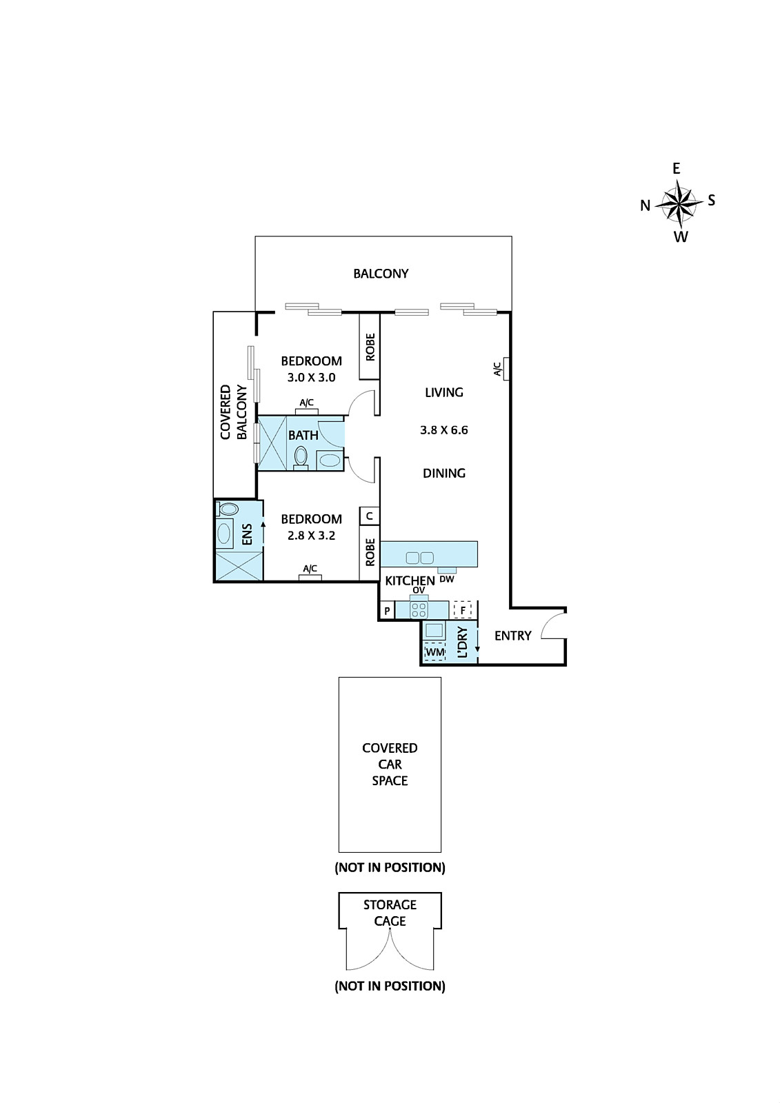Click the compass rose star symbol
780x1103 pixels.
click(x=679, y=204)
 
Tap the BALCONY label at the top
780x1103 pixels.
click(x=381, y=274)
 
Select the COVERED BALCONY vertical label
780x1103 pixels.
click(x=234, y=412)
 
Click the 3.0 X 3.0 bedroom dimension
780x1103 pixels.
click(x=311, y=378)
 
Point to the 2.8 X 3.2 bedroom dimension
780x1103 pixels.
click(x=311, y=536)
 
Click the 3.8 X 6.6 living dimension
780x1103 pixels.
click(x=443, y=430)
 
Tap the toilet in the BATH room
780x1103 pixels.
click(x=301, y=456)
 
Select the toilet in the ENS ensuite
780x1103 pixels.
click(x=228, y=509)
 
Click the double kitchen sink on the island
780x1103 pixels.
click(x=419, y=557)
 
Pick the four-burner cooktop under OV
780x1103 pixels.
click(x=419, y=610)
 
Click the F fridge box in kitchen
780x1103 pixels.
click(x=463, y=610)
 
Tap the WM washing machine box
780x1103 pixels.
click(x=434, y=651)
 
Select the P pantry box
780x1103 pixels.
click(x=387, y=611)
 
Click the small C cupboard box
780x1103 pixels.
click(x=370, y=516)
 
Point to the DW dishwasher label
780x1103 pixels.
click(x=446, y=579)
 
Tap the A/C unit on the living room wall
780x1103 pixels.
click(x=506, y=369)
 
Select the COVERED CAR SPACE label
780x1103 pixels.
click(x=390, y=764)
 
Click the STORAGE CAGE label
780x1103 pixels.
click(x=390, y=912)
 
